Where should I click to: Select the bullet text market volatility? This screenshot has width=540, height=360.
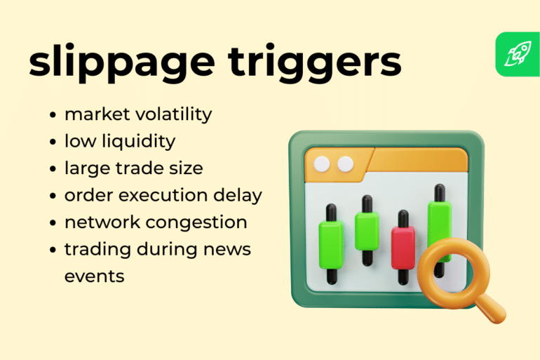[138, 114]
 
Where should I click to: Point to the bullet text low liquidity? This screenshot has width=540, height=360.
[119, 141]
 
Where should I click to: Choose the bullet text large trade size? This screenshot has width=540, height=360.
[133, 168]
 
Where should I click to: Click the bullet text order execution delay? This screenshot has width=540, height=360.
[163, 195]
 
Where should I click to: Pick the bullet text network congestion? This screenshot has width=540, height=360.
[156, 222]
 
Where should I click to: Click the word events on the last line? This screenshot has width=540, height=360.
[94, 276]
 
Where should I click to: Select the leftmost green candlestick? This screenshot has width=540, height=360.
[330, 243]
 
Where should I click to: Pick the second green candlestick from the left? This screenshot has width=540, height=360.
[366, 230]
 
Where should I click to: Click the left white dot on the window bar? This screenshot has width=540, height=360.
[321, 164]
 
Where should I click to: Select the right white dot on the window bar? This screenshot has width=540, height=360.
[345, 164]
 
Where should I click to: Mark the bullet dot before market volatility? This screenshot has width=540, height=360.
[53, 114]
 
